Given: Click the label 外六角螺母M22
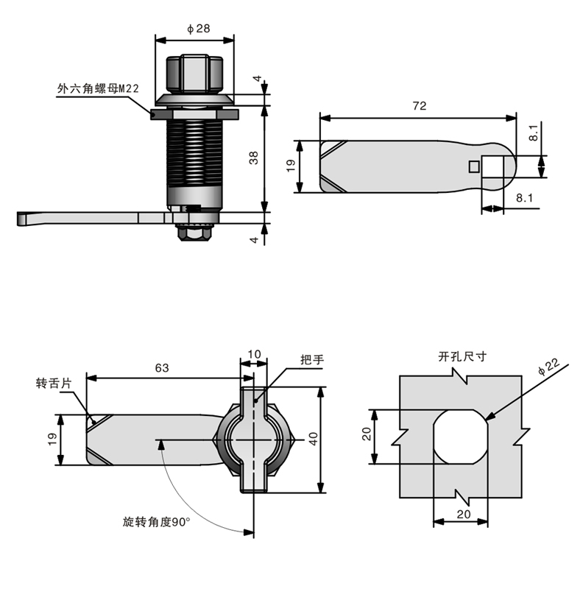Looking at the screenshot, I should click(98, 88).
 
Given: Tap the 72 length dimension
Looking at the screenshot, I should click(419, 106).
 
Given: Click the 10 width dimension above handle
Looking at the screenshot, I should click(254, 354).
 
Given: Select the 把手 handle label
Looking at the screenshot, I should click(312, 360).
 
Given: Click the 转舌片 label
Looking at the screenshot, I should click(54, 384).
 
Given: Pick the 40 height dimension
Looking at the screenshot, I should click(313, 440).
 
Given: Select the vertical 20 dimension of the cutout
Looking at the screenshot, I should click(366, 437).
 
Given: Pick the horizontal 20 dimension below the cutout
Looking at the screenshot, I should click(462, 514).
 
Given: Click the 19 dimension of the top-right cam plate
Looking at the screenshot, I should click(291, 166).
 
